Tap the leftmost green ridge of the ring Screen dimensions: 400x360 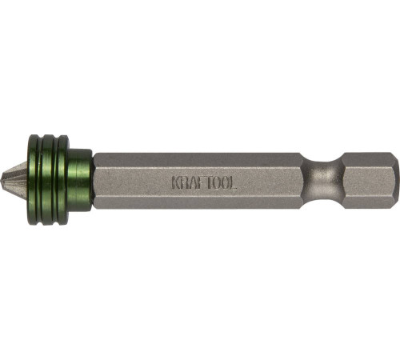[34, 180]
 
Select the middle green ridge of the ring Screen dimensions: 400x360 [50, 180]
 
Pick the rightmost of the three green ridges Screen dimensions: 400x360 [63, 180]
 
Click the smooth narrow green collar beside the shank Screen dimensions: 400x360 [81, 180]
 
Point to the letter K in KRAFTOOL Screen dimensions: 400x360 [176, 182]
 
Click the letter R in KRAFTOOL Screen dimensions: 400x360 [185, 182]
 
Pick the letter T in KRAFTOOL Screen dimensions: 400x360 [210, 182]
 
